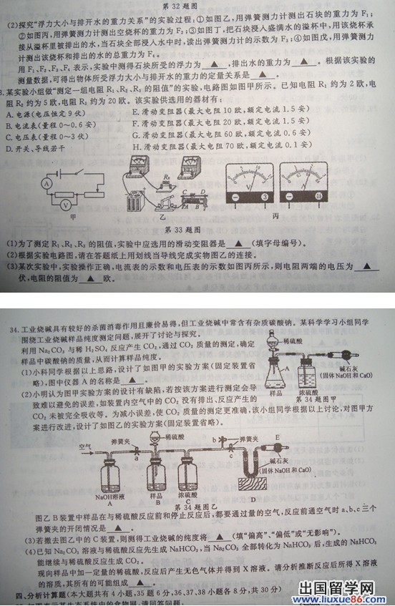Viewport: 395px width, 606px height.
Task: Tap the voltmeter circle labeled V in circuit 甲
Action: pos(65,205)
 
